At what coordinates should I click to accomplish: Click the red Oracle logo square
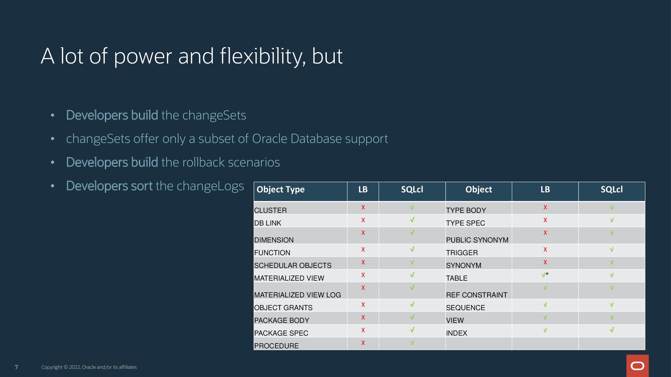click(x=637, y=365)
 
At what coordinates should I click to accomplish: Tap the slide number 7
click(x=16, y=367)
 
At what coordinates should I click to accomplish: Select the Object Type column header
click(x=281, y=190)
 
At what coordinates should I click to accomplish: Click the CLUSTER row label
click(x=270, y=210)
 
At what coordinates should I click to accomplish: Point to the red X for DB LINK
click(x=363, y=220)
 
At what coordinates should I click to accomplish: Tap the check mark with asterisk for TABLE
click(x=545, y=275)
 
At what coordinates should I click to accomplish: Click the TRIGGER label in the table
click(x=462, y=253)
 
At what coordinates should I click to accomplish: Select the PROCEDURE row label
click(x=276, y=346)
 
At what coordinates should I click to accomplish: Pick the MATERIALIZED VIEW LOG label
click(x=297, y=295)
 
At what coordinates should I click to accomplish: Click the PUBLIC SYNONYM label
click(x=477, y=240)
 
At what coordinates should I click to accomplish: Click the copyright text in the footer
click(x=89, y=367)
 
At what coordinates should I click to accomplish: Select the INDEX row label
click(x=456, y=333)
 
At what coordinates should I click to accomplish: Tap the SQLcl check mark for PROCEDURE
click(x=412, y=343)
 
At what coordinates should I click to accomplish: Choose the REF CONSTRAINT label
click(x=477, y=295)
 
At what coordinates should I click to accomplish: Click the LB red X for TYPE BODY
click(x=545, y=207)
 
